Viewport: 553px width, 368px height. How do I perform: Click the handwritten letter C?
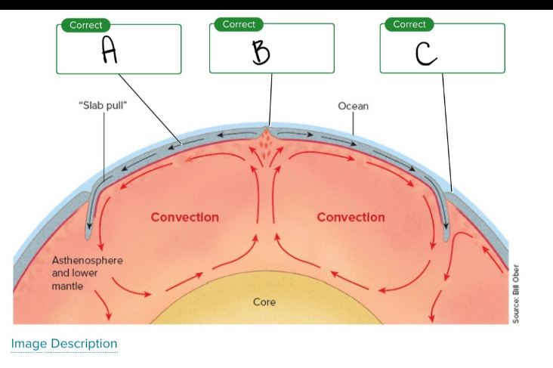[x=426, y=52]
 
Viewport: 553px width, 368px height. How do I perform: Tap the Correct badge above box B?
[x=239, y=24]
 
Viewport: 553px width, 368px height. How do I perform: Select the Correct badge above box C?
[x=409, y=24]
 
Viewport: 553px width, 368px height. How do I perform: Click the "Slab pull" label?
[x=103, y=106]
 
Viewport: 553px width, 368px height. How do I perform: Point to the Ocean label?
[x=353, y=106]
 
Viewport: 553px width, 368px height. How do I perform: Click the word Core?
[x=264, y=302]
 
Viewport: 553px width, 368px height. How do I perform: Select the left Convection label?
[x=184, y=218]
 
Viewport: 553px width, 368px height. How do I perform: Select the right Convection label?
[x=351, y=218]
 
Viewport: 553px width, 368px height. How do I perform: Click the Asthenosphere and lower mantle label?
[x=87, y=273]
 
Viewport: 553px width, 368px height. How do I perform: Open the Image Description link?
[x=64, y=344]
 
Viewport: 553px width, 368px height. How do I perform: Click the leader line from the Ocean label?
[x=353, y=125]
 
